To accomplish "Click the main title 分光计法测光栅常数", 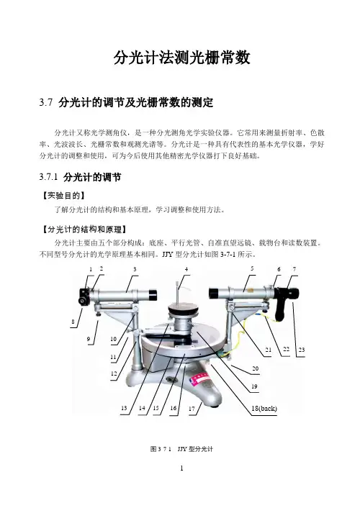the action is coord(182,58).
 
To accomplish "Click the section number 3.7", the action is coord(46,103).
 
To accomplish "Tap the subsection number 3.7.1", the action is coord(48,177).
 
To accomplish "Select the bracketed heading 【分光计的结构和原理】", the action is coord(84,230).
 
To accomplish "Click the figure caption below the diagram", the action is coord(181,449).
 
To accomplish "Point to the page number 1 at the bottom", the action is coord(181,468).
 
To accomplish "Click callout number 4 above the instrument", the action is coord(186,269).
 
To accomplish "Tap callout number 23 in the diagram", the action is coord(301,350).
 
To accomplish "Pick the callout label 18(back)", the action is coord(264,409).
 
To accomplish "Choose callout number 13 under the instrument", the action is coord(124,408).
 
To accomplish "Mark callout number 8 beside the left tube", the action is coord(73,322).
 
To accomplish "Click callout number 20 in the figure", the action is coord(256,368).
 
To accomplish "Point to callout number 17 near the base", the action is coord(192,409).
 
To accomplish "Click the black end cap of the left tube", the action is coord(153,295).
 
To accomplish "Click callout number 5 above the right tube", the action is coord(252,268).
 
